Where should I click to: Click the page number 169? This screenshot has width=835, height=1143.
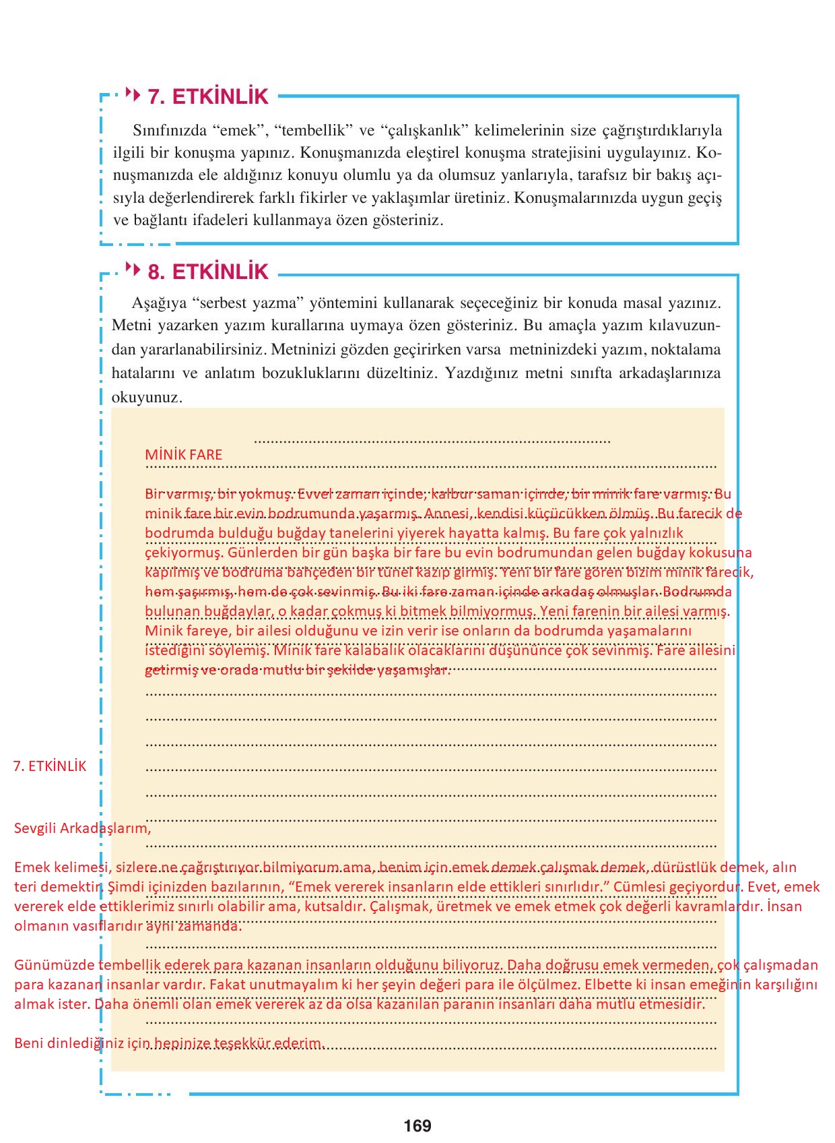click(x=417, y=1125)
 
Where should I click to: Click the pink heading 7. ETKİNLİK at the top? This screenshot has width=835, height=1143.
click(x=207, y=96)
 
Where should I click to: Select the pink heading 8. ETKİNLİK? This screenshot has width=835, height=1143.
click(x=207, y=272)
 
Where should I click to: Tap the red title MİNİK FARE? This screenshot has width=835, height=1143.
click(x=183, y=455)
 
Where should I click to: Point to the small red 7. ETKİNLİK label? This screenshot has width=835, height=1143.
click(x=51, y=766)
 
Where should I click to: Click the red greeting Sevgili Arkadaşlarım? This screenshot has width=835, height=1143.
click(x=83, y=828)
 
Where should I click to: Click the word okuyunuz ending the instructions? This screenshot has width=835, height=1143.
click(x=147, y=397)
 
